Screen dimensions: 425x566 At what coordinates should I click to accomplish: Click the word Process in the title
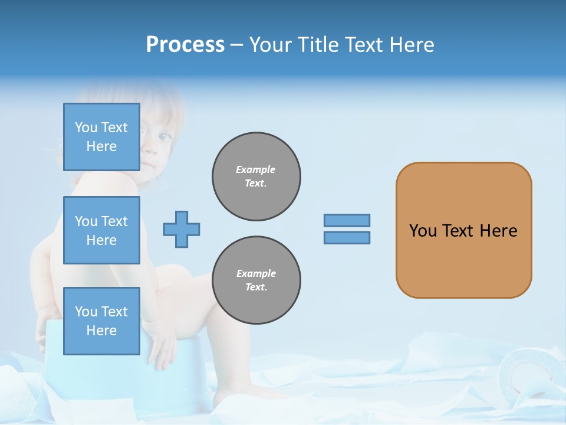(185, 45)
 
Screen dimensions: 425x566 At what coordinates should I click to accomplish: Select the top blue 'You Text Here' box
(101, 137)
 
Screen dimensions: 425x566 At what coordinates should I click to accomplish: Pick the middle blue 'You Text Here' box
(101, 230)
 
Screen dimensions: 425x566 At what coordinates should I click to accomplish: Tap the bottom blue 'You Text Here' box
(101, 321)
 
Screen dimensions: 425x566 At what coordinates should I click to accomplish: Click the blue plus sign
(182, 229)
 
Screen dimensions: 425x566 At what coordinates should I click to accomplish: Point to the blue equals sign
(347, 229)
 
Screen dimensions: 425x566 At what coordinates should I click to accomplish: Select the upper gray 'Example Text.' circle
(256, 176)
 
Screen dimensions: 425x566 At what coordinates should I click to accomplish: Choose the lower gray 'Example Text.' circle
(256, 280)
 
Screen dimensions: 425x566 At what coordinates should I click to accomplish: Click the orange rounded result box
(463, 230)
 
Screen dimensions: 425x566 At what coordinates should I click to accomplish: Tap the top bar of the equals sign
(347, 221)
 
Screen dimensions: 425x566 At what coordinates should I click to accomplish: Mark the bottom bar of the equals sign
(347, 237)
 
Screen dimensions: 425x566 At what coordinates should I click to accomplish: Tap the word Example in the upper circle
(256, 169)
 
